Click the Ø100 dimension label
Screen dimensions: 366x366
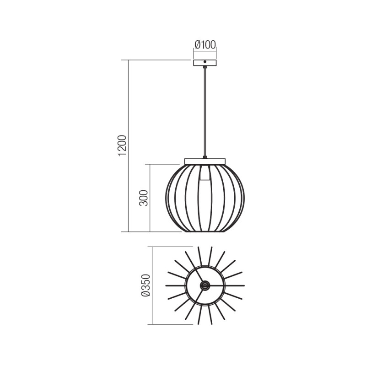[205, 45]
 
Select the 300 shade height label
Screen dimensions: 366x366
[144, 197]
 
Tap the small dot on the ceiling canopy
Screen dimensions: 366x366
[205, 62]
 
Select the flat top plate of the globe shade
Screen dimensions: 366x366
[205, 161]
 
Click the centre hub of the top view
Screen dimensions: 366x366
[205, 285]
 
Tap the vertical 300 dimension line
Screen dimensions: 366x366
[151, 198]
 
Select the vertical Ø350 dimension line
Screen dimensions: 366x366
[152, 285]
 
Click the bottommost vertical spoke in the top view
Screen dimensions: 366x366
[199, 316]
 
